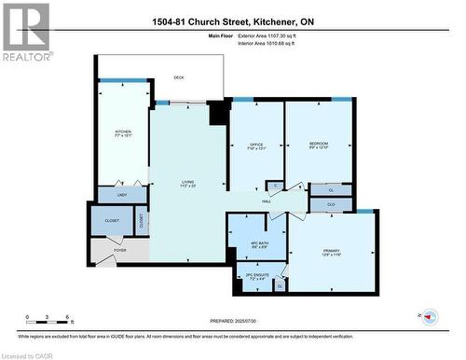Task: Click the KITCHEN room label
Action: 123,132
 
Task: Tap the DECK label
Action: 179,78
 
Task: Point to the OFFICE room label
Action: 255,144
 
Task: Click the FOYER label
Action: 120,250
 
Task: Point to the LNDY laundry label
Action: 121,195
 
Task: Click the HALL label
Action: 266,201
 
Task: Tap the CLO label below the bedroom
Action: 332,203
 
